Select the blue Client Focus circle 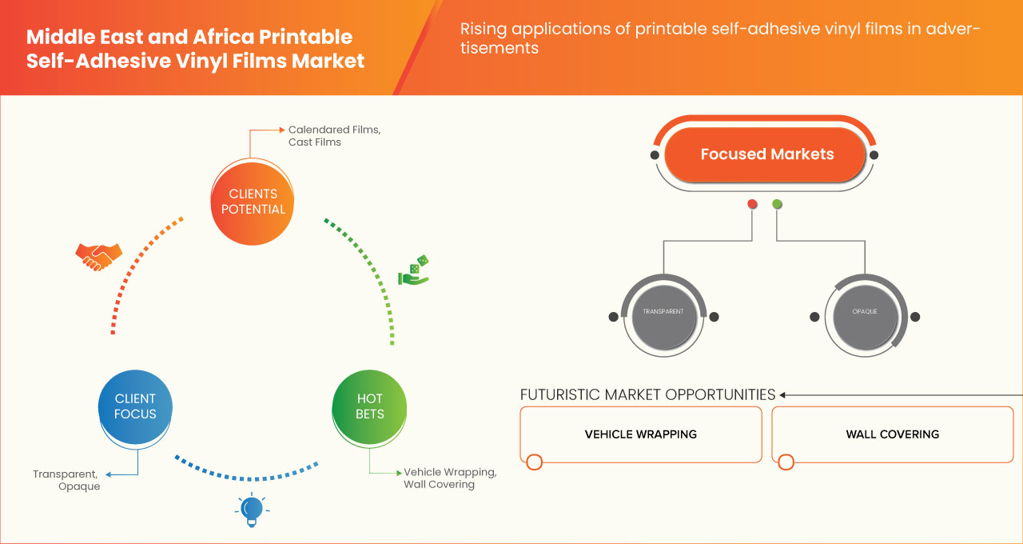pos(135,406)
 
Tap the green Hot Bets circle pos(370,406)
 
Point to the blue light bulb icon pos(252,509)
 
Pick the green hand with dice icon pos(414,271)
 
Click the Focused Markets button pos(766,154)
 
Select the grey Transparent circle pos(663,311)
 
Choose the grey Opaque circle pos(865,311)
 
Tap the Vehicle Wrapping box pos(640,434)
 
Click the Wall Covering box pos(892,434)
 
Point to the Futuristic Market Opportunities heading pos(647,394)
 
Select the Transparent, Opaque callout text pos(67,480)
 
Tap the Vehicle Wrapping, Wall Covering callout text pos(450,478)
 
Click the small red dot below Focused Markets pos(752,205)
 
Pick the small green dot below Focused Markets pos(777,205)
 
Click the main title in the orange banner pos(195,49)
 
